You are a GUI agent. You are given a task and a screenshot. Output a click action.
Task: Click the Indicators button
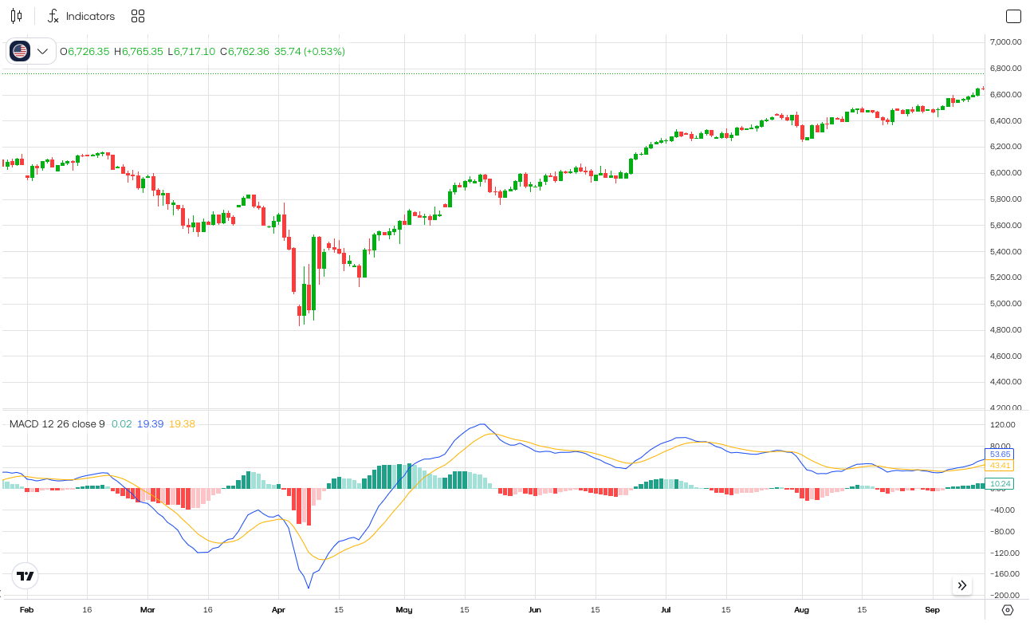81,16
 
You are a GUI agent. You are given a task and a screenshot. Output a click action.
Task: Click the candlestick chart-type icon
16,16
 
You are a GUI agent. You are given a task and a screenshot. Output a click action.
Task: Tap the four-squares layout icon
138,16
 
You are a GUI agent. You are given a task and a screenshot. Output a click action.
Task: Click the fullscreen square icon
1013,16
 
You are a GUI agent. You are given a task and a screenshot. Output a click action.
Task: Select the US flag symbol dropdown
30,51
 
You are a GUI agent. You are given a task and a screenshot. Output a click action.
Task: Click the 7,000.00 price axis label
1004,42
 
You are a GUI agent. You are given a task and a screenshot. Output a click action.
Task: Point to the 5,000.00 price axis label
1004,304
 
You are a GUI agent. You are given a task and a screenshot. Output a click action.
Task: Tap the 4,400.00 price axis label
1004,382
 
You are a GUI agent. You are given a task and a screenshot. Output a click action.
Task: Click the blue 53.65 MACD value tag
1000,454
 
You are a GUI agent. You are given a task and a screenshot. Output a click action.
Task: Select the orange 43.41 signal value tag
1000,465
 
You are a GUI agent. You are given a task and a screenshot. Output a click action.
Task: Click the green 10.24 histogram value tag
1000,483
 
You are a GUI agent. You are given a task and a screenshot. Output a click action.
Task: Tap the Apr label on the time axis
278,610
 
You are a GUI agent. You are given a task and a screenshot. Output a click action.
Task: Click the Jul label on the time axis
665,610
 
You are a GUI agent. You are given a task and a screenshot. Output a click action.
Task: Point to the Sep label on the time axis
932,610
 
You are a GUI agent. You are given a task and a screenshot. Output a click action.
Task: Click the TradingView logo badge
26,576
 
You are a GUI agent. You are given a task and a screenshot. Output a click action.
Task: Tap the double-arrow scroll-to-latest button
962,585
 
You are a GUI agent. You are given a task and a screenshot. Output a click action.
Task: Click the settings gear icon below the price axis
1007,610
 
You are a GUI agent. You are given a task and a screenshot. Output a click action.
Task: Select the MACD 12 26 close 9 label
57,423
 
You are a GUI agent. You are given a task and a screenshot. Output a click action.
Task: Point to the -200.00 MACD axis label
1003,595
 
